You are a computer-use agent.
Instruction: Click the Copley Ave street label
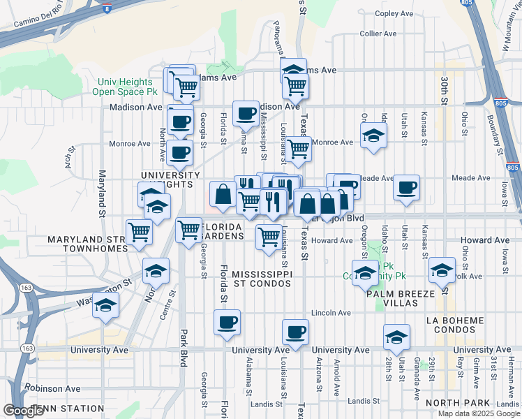[x=395, y=13]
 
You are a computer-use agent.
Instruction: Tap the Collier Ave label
[x=378, y=34]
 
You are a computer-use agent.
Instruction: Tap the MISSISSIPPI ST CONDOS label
[x=261, y=279]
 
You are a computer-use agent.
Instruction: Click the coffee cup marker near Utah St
[x=406, y=186]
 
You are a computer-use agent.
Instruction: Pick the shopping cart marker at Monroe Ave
[x=298, y=148]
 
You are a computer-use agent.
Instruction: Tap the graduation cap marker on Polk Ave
[x=442, y=269]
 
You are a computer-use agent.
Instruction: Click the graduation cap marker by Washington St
[x=106, y=304]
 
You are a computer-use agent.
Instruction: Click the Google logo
[x=24, y=411]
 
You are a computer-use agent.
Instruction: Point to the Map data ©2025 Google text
[x=479, y=413]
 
